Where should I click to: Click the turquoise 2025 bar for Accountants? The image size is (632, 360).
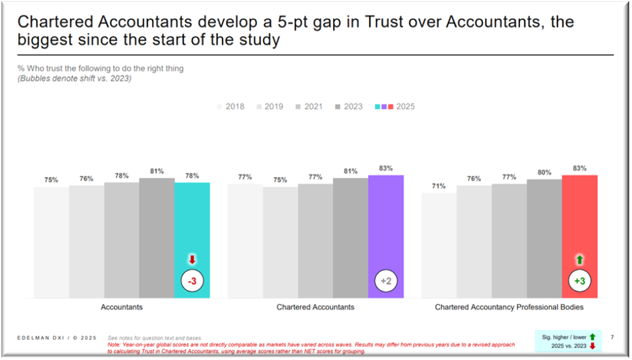coord(192,230)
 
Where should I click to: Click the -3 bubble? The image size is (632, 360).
coord(192,281)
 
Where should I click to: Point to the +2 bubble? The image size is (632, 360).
coord(385,281)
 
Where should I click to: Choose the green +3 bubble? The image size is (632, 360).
coord(580,281)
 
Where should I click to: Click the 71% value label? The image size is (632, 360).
coord(438,186)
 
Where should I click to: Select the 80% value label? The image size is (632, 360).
coord(544,172)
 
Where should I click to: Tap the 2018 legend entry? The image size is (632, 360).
coord(230,107)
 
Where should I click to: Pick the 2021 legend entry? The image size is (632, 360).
coord(309,107)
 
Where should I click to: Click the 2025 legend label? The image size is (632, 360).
coord(405,107)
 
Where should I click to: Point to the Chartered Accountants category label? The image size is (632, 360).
coord(315,307)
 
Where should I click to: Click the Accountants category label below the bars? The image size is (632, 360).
coord(121,307)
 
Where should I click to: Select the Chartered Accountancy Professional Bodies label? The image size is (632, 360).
coord(509,307)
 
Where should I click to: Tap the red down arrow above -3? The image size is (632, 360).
coord(192,260)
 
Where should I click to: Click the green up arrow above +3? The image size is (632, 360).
coord(580,260)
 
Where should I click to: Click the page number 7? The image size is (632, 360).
coord(612,337)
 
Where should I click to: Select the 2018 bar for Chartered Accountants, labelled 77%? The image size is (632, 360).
coord(245,241)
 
